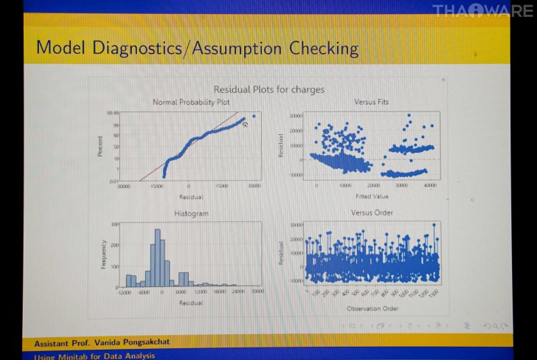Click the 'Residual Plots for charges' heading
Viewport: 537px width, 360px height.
click(x=268, y=89)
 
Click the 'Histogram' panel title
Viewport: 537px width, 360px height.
click(x=191, y=213)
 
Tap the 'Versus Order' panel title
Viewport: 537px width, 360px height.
click(x=373, y=212)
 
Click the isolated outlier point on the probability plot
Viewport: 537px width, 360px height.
click(x=254, y=116)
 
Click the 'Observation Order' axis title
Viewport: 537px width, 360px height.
click(x=373, y=308)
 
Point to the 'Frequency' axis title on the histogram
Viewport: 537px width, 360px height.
click(x=103, y=254)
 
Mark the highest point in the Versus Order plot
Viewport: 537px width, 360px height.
click(x=434, y=224)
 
